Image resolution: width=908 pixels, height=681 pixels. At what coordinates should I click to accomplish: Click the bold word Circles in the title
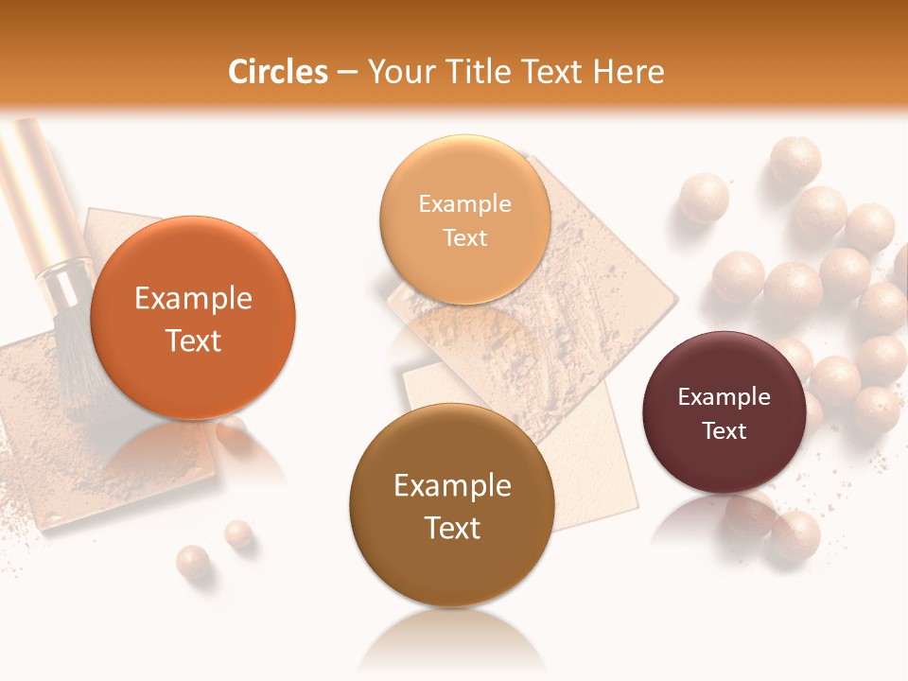tap(277, 72)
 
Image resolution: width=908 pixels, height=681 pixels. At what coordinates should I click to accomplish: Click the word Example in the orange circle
tap(193, 299)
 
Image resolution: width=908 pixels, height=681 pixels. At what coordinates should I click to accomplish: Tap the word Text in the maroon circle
tap(725, 431)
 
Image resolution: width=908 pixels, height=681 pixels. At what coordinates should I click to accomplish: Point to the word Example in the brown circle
tap(452, 486)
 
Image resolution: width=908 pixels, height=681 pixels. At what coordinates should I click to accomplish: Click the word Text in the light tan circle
tap(464, 238)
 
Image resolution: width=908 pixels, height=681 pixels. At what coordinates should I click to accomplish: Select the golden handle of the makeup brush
tap(34, 189)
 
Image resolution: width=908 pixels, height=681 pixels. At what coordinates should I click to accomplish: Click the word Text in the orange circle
tap(193, 341)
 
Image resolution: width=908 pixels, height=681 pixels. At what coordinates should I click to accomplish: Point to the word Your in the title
tap(395, 72)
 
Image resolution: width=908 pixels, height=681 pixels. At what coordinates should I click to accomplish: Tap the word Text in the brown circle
tap(452, 529)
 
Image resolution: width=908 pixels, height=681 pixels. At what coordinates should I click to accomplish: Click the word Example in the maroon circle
tap(725, 397)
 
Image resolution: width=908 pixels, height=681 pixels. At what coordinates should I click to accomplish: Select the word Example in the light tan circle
tap(464, 204)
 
